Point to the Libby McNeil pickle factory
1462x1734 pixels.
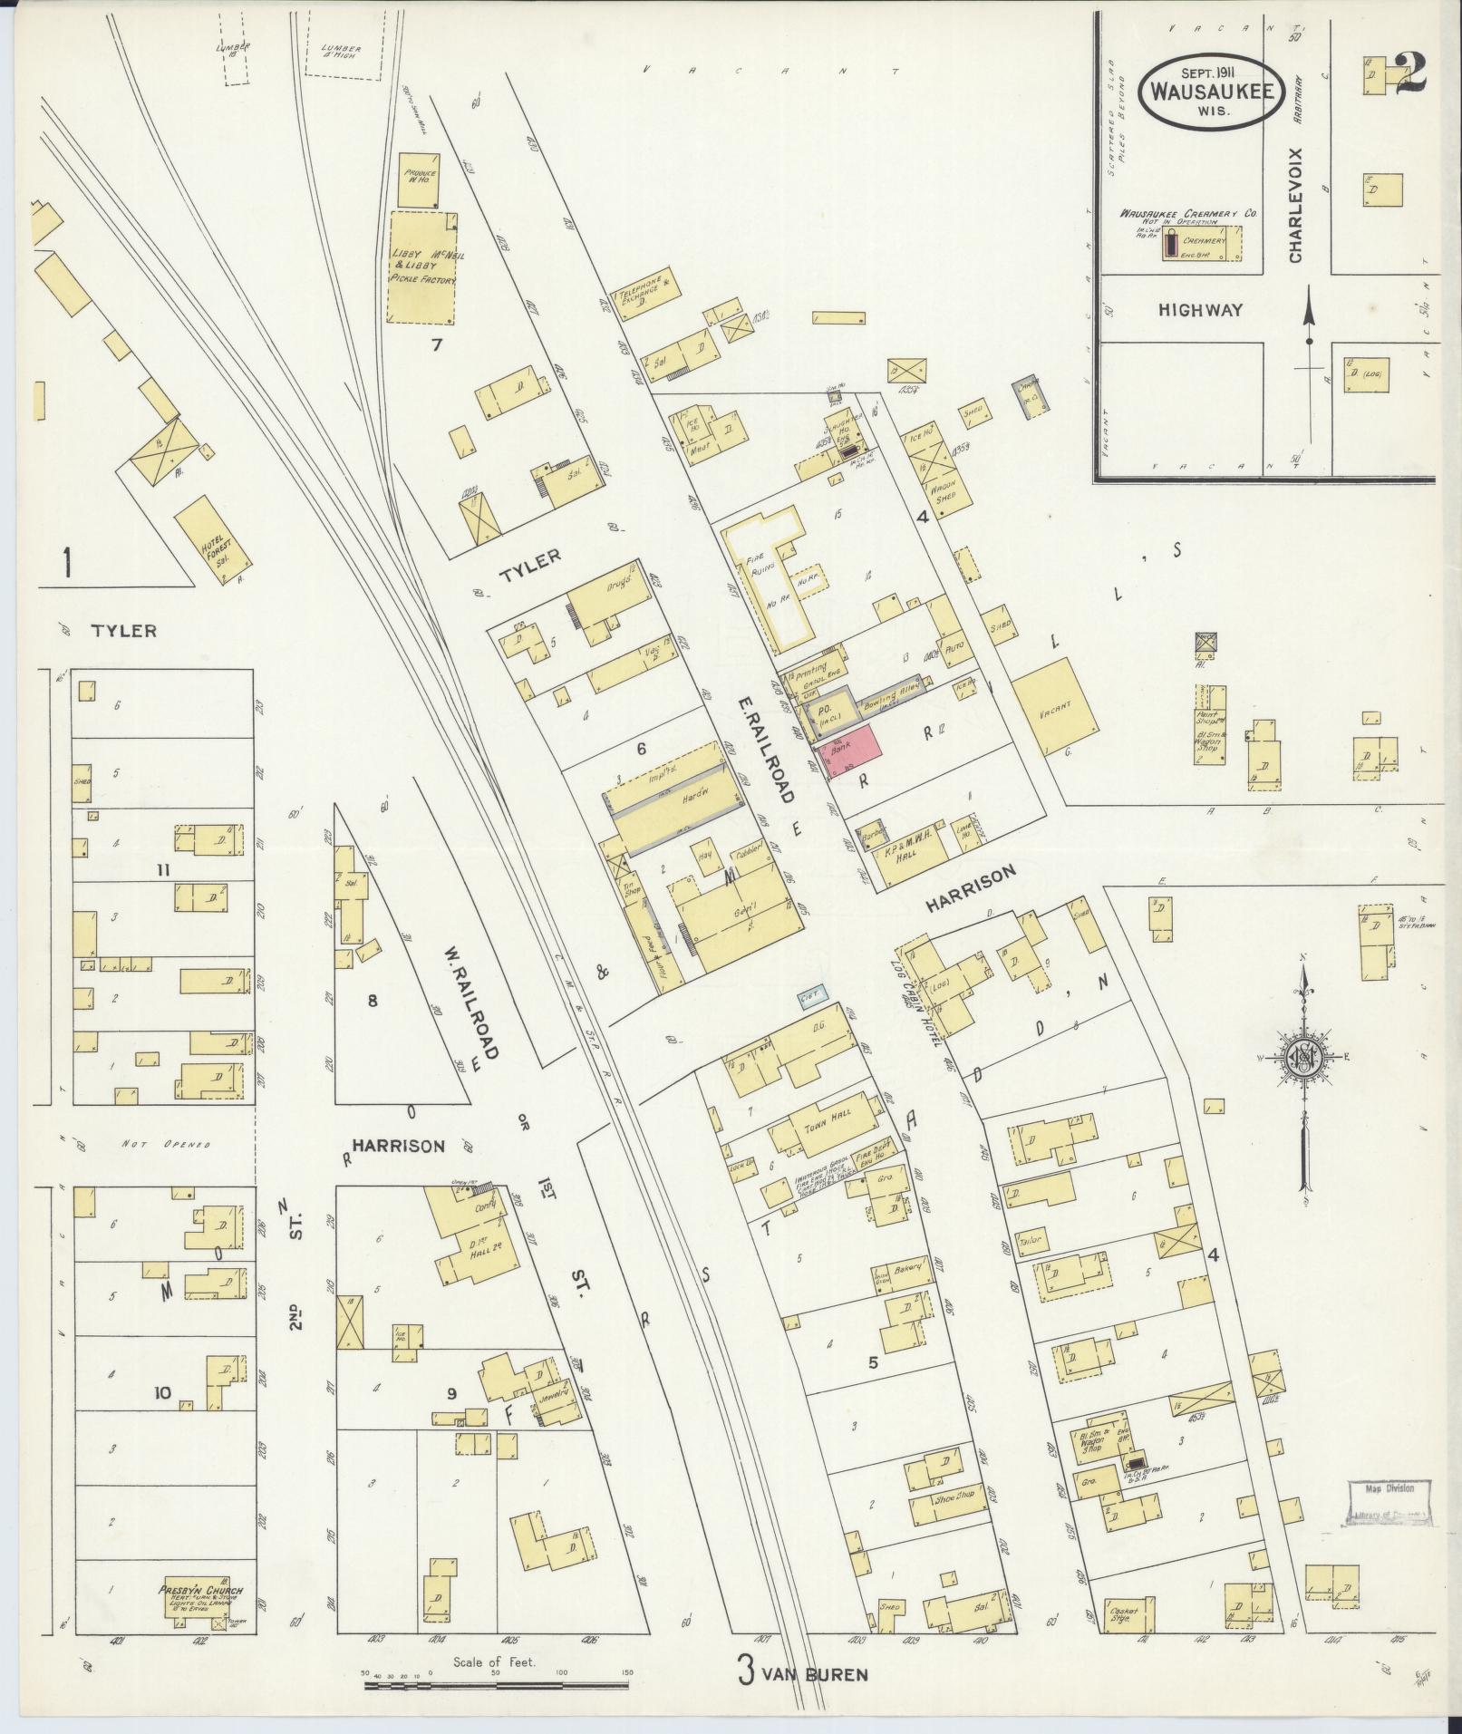click(x=422, y=266)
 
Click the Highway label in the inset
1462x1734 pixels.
click(x=1200, y=310)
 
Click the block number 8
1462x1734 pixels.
click(x=370, y=1001)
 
